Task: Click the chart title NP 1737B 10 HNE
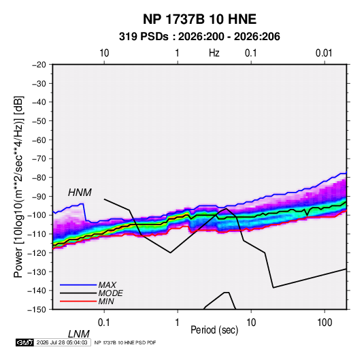coord(199,19)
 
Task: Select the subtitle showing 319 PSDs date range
coord(199,37)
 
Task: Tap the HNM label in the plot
coord(80,193)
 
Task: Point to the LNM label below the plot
coord(78,334)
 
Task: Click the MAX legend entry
coord(107,284)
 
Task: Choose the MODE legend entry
coord(110,293)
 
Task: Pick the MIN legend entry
coord(106,301)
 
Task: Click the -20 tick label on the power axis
coord(39,65)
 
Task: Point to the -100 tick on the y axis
coord(37,215)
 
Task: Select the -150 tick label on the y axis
coord(37,310)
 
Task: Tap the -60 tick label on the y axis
coord(39,140)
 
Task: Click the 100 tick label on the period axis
coord(325,323)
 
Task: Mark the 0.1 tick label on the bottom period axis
coord(104,323)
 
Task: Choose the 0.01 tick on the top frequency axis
coord(324,53)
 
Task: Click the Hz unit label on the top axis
coord(214,53)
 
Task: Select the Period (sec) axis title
coord(214,330)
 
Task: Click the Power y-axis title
coord(18,187)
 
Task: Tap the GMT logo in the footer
coord(24,342)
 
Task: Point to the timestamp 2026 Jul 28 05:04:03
coord(62,342)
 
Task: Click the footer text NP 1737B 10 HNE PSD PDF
coord(125,342)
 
